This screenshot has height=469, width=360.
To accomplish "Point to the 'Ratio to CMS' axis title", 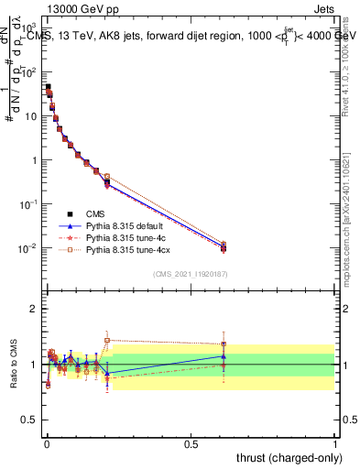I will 12,365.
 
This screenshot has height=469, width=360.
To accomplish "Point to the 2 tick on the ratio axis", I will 34,308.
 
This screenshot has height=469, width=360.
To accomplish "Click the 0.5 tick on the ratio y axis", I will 31,421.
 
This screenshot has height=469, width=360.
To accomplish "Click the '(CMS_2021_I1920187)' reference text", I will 191,274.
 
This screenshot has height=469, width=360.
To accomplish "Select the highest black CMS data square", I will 48,87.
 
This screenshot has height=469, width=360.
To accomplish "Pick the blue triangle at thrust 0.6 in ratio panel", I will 224,356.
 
